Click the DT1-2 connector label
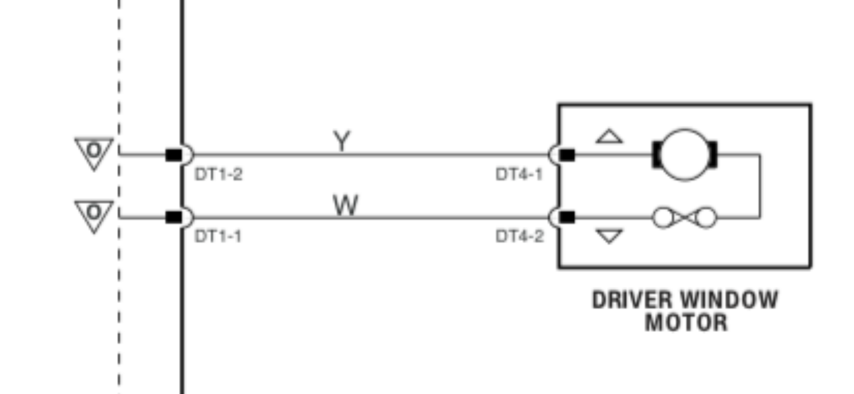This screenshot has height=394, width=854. [218, 174]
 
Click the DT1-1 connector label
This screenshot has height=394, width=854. [218, 236]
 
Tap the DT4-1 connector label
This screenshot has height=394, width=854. [519, 174]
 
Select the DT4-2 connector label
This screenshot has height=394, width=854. [519, 236]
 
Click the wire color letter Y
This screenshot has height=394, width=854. [341, 141]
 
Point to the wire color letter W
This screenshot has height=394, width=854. [345, 205]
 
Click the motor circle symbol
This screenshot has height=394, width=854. [684, 155]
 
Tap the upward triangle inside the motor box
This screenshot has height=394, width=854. [609, 137]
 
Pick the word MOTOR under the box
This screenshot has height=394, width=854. [686, 323]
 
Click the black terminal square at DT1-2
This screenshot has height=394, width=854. [174, 155]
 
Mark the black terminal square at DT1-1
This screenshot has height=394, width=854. [174, 217]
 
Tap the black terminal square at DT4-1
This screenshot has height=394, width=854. [567, 155]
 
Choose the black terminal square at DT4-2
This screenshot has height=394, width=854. [567, 217]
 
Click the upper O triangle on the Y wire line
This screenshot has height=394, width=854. [94, 152]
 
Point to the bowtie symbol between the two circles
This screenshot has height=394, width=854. [684, 218]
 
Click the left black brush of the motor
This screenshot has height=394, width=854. [656, 155]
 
